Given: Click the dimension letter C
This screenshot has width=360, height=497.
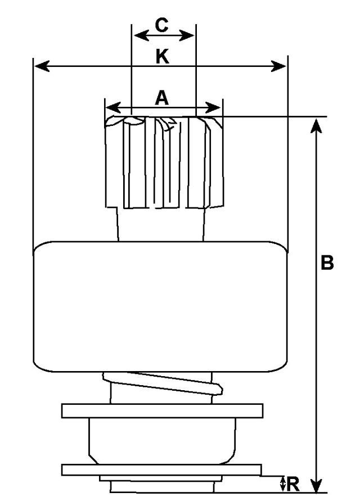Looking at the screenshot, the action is tap(162, 25).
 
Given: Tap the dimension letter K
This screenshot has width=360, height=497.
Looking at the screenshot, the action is tap(163, 57).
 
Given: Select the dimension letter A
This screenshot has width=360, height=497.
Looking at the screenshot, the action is tap(162, 98).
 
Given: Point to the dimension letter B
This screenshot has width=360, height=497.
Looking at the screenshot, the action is tap(327, 263).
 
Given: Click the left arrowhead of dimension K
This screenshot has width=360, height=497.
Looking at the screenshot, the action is tap(42, 66).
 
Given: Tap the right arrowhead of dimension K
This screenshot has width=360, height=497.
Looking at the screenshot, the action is tap(278, 66).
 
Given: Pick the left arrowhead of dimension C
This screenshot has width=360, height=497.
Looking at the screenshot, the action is tap(141, 35).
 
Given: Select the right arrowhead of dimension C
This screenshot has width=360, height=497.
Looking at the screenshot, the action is tap(187, 35).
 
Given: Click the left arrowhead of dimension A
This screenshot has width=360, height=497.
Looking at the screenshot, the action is tap(113, 107).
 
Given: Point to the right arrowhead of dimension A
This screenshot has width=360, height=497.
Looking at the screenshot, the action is tap(213, 107).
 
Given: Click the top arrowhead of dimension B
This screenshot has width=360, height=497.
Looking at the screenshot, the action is tap(316, 125).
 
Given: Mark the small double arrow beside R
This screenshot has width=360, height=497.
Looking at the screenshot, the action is tap(282, 484).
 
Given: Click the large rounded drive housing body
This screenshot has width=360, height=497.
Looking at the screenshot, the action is tap(160, 306).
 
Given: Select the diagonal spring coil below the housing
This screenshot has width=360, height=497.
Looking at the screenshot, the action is tap(163, 383).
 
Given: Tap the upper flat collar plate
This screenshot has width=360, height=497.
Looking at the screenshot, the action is tap(162, 411).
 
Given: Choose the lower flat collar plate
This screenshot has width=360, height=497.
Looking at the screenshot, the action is tap(161, 470).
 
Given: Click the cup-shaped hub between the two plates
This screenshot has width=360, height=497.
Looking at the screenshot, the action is tap(162, 441).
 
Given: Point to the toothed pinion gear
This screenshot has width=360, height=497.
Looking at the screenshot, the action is tap(164, 162).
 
